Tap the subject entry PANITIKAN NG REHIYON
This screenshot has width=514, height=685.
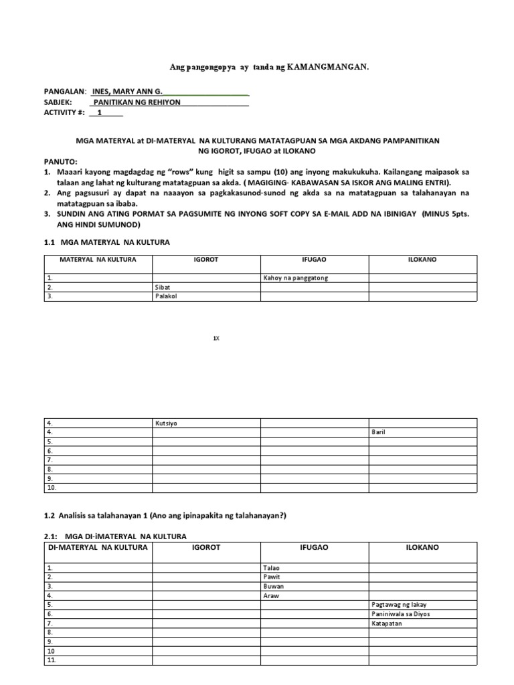pos(137,102)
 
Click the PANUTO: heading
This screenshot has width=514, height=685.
pos(61,162)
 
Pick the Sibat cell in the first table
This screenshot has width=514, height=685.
pos(163,287)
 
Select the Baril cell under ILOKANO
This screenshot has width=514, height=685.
pos(379,432)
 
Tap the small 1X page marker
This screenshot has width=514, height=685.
pos(216,339)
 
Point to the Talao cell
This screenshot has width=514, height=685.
pos(272,567)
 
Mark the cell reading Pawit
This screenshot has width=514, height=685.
pos(272,577)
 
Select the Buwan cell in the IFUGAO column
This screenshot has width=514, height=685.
pos(274,586)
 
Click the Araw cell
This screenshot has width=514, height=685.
pos(272,595)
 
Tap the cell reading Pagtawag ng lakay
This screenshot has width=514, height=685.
pos(399,605)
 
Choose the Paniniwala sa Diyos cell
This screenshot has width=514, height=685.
pos(400,614)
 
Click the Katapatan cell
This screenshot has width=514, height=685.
pos(388,623)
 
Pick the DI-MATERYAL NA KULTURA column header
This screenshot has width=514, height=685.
pos(98,548)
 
